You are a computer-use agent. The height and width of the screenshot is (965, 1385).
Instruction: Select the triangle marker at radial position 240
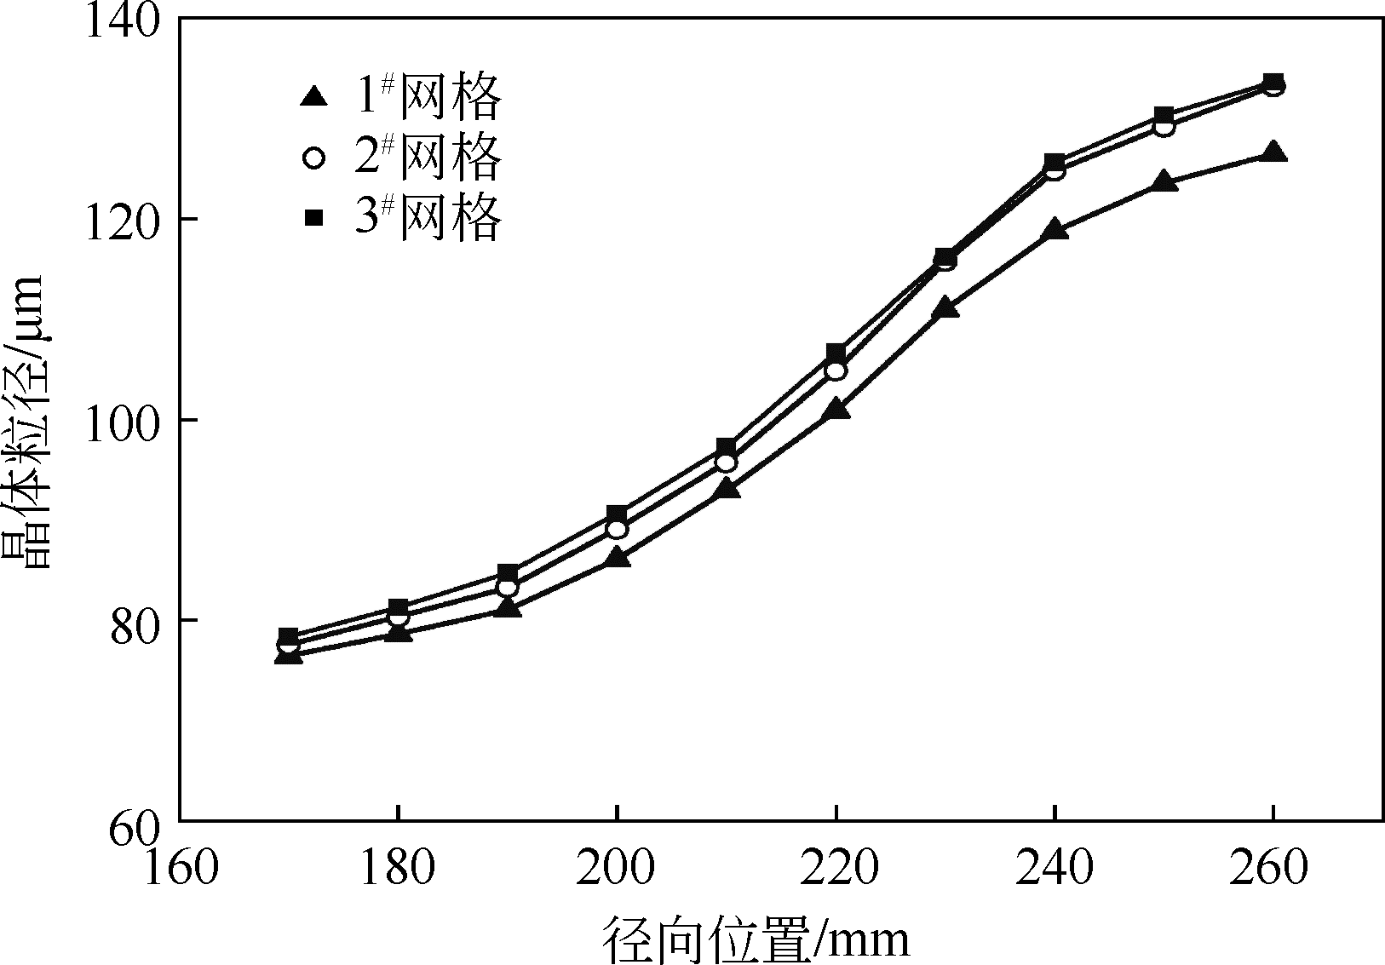pyautogui.click(x=1055, y=229)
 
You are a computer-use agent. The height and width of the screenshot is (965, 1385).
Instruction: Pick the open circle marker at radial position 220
pyautogui.click(x=836, y=370)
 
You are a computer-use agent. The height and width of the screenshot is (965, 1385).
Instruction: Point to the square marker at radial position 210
pyautogui.click(x=726, y=447)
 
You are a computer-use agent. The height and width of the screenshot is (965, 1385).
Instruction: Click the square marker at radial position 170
pyautogui.click(x=288, y=636)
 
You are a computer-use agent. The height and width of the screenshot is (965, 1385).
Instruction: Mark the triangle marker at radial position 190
pyautogui.click(x=507, y=608)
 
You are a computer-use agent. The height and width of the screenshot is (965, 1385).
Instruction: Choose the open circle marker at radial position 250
pyautogui.click(x=1164, y=127)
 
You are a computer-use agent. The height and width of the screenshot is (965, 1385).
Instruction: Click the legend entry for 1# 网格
pyautogui.click(x=400, y=97)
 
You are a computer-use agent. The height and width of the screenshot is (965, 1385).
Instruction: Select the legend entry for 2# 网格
pyautogui.click(x=400, y=158)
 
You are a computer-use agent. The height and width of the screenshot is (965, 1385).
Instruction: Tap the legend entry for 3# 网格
pyautogui.click(x=400, y=218)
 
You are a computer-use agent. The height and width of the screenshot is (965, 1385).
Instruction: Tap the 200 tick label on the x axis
pyautogui.click(x=616, y=870)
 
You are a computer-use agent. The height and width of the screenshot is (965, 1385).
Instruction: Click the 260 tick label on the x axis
pyautogui.click(x=1273, y=870)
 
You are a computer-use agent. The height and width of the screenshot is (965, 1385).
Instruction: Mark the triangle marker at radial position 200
pyautogui.click(x=616, y=559)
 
